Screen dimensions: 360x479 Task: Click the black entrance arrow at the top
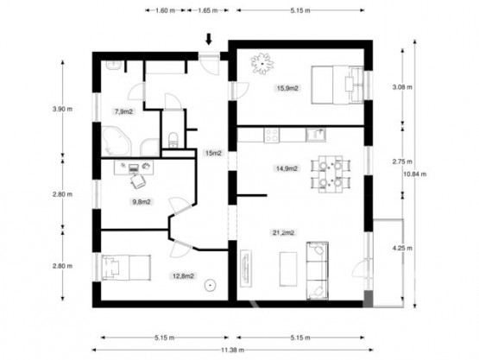coord(208,39)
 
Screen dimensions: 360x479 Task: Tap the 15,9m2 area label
coord(287,87)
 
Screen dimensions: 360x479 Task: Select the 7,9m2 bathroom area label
coord(124,111)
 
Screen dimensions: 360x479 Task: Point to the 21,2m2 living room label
coord(283,233)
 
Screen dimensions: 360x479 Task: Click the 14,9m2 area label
coord(287,169)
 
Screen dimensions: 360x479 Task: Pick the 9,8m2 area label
coord(141,201)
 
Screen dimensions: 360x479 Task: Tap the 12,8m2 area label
coord(182,276)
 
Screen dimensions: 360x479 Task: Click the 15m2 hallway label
coord(212,153)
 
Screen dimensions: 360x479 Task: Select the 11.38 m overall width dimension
coord(232,350)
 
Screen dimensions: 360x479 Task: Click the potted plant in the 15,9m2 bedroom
coord(262,63)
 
